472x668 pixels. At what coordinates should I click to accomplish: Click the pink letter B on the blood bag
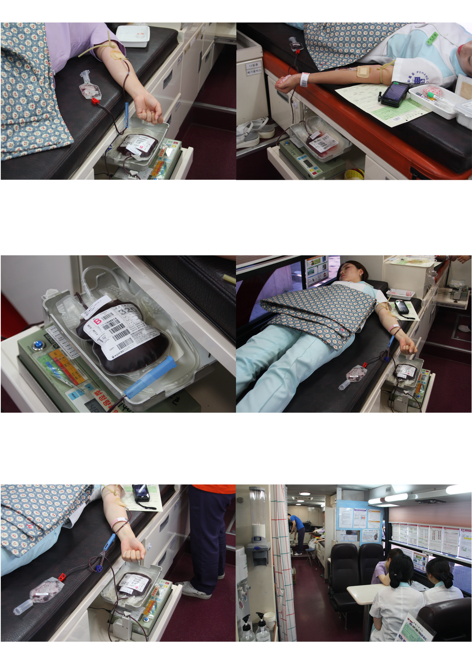97,321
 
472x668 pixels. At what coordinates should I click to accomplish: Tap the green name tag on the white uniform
432,37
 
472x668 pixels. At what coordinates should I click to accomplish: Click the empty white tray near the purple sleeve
133,36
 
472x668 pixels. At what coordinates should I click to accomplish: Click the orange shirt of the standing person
213,489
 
